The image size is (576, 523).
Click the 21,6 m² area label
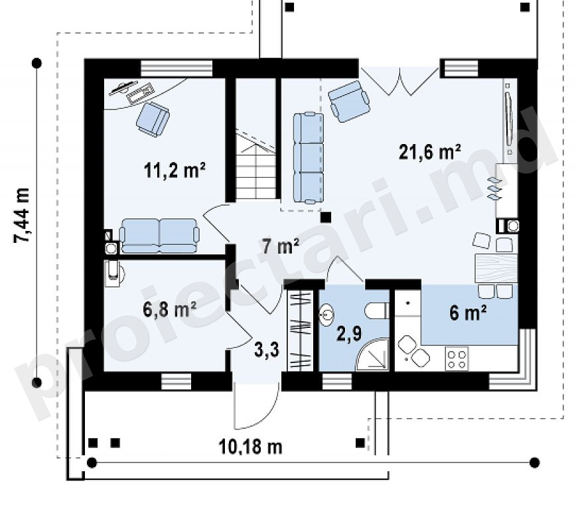coord(430,152)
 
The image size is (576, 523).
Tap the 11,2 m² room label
coord(175,171)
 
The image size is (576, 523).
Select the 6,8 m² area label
coord(169,310)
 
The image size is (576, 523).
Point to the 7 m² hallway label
coord(281,246)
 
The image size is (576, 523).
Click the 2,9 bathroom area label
coord(349,334)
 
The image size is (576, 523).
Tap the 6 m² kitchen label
coord(468,313)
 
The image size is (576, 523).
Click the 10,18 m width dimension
coord(251,447)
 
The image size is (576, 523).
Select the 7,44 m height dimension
coord(22,215)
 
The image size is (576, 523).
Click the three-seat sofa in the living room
coord(309,158)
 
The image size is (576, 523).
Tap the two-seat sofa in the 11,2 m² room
coord(159,236)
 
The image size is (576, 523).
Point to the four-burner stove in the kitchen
coord(457,358)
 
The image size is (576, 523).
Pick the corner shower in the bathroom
coord(372,354)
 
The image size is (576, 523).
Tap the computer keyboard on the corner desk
coord(140,92)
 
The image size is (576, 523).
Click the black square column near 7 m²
coord(325,218)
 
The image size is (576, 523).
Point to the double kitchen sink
coord(413,350)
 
